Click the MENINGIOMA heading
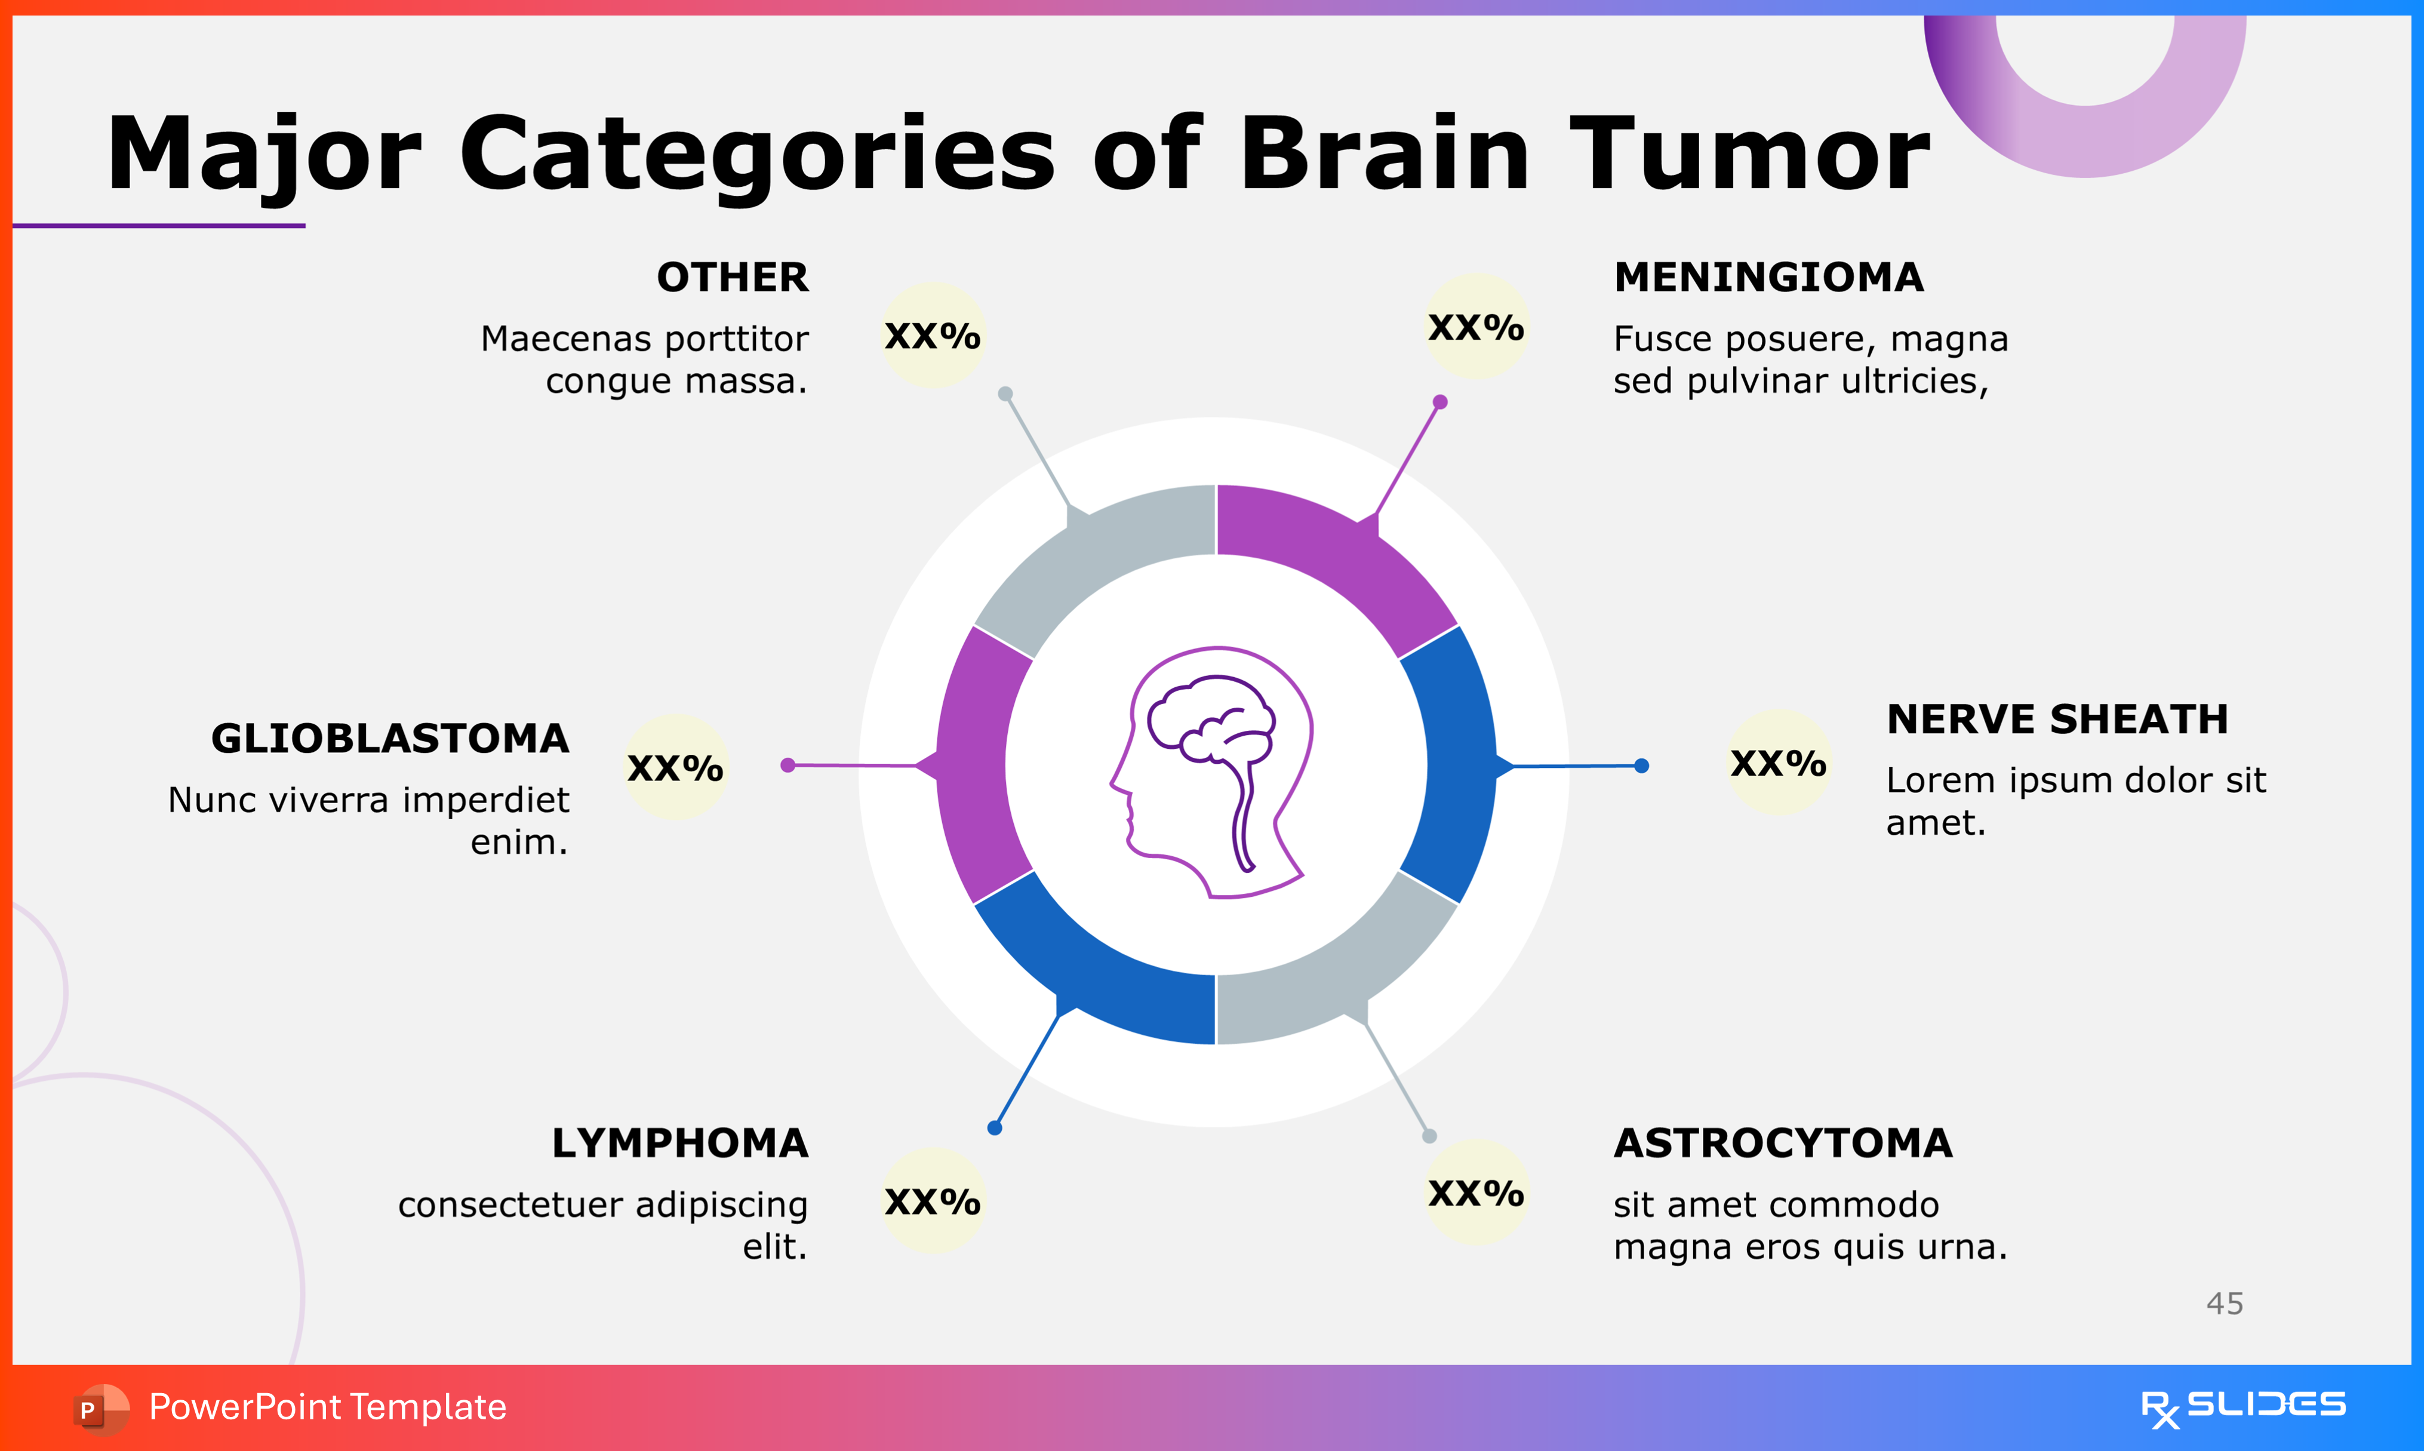tap(1768, 278)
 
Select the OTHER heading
tap(732, 278)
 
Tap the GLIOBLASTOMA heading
tap(390, 739)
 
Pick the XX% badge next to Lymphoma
tap(933, 1201)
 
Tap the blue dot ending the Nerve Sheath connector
tap(1642, 766)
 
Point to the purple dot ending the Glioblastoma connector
tap(788, 764)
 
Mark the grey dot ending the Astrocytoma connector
tap(1429, 1136)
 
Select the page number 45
tap(2225, 1304)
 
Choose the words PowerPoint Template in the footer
tap(327, 1407)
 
